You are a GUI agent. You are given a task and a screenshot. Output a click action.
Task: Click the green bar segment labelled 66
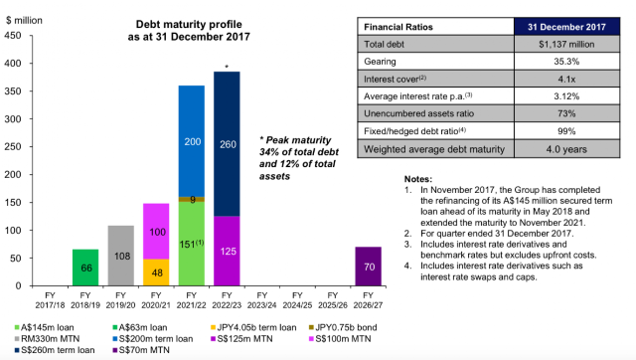tap(85, 268)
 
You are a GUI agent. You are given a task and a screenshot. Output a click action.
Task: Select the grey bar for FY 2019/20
tap(121, 256)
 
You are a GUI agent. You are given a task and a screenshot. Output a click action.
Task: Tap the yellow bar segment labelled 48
tap(156, 272)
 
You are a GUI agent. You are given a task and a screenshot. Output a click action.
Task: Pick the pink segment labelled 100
tap(156, 232)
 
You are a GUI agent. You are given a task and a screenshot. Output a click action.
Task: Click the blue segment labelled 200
tap(192, 141)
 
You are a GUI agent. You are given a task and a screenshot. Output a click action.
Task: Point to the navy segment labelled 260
tap(227, 144)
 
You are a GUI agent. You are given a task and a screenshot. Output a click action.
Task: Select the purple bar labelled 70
tap(369, 267)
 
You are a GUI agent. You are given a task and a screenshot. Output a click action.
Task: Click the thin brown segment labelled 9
tap(192, 199)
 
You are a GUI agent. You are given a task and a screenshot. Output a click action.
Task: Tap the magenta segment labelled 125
tap(227, 251)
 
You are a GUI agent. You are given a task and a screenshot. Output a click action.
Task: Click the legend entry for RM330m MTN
tap(47, 338)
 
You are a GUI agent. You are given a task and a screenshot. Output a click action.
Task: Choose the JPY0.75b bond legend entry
tap(343, 327)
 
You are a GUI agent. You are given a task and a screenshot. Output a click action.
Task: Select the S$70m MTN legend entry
tap(141, 350)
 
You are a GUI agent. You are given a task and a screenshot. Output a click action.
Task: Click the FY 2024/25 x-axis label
tap(297, 300)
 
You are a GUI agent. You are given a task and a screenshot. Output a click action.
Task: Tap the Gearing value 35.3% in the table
tap(566, 62)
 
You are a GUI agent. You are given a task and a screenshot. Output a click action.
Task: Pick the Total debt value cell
tap(566, 44)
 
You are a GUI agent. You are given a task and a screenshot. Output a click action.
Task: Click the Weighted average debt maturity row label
tap(434, 149)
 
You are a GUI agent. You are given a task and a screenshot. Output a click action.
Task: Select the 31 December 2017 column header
tap(566, 27)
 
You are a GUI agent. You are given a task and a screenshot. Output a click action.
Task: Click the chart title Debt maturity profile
tap(189, 24)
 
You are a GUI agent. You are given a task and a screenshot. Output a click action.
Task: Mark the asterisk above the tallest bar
tap(227, 67)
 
